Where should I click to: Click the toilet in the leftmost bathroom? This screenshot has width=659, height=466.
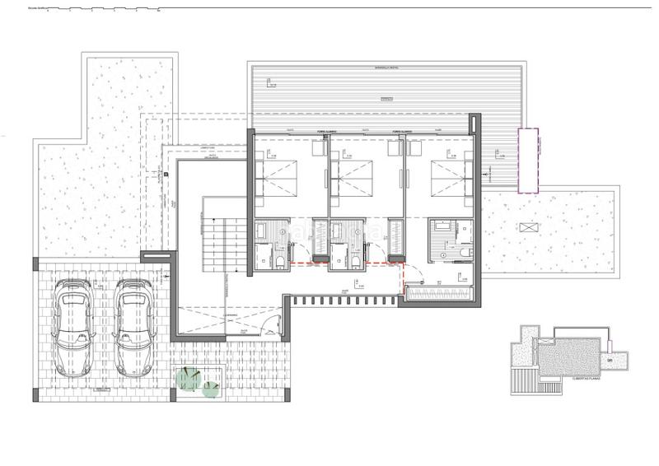[282, 261]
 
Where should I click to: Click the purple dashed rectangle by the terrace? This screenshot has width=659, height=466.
[527, 161]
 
